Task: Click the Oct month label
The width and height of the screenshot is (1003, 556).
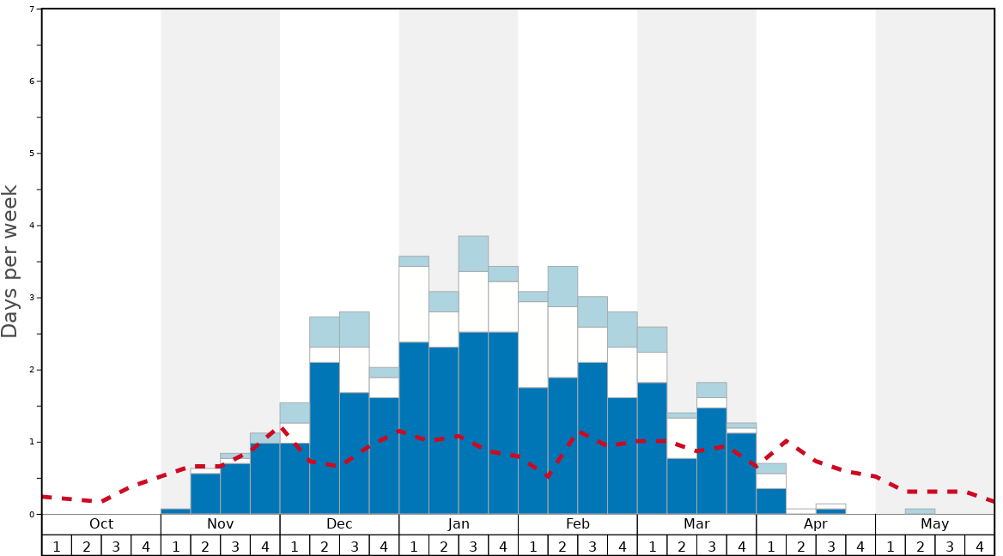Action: pyautogui.click(x=101, y=524)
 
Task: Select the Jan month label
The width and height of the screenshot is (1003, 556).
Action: pyautogui.click(x=459, y=524)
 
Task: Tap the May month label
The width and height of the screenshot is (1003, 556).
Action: pyautogui.click(x=934, y=524)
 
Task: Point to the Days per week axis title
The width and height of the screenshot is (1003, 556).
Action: pyautogui.click(x=10, y=262)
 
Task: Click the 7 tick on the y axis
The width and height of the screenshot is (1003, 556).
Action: pyautogui.click(x=32, y=9)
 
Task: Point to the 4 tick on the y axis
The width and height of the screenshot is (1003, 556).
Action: pyautogui.click(x=32, y=226)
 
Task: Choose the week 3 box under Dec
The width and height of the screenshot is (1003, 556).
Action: pyautogui.click(x=355, y=546)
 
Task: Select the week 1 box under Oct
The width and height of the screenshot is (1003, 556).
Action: pyautogui.click(x=57, y=546)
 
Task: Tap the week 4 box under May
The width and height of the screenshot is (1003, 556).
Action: pyautogui.click(x=979, y=546)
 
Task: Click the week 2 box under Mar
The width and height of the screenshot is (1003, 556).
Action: pyautogui.click(x=682, y=546)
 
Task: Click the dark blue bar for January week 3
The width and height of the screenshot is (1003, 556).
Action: pyautogui.click(x=473, y=423)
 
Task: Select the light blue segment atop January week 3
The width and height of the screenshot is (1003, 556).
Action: pyautogui.click(x=473, y=254)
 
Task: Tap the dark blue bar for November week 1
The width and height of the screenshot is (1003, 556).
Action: pyautogui.click(x=175, y=511)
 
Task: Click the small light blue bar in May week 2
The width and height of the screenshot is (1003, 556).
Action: pyautogui.click(x=920, y=511)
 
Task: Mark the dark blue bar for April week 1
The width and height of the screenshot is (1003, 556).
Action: pyautogui.click(x=771, y=501)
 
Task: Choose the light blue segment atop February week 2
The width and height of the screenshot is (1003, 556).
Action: pyautogui.click(x=562, y=287)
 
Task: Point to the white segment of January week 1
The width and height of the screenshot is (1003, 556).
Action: pyautogui.click(x=414, y=305)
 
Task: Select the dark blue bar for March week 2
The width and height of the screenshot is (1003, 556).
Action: pyautogui.click(x=682, y=486)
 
